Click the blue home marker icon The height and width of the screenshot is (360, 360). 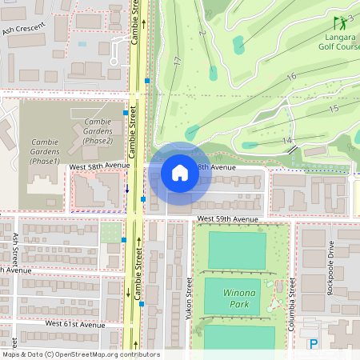pos(179,172)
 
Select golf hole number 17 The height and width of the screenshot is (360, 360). pos(177,61)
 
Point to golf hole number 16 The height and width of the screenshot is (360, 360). pos(291,76)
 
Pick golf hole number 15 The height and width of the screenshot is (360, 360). pos(333,108)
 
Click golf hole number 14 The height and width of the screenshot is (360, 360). pos(286,141)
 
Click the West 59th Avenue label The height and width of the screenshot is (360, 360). pos(227,218)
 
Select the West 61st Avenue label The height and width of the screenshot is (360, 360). pos(75,324)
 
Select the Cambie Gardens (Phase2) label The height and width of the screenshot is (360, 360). pos(98,131)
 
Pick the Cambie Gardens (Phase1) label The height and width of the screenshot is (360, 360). pos(45,151)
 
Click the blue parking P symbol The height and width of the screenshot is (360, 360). pos(314,344)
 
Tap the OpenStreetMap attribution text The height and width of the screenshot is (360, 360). pos(80,354)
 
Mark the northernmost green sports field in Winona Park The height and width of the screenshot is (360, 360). pos(237,250)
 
